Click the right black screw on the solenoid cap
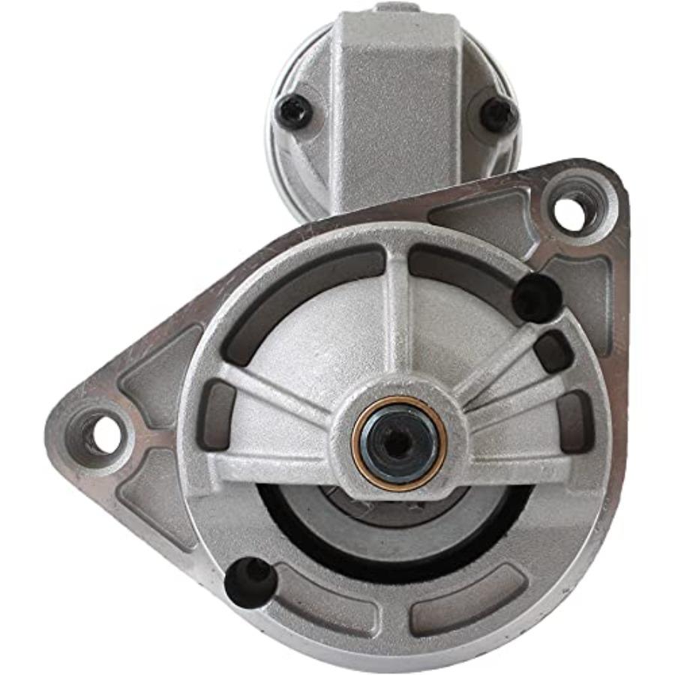(x=498, y=113)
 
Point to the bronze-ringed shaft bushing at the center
(x=399, y=442)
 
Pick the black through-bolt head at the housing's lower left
(x=249, y=580)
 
